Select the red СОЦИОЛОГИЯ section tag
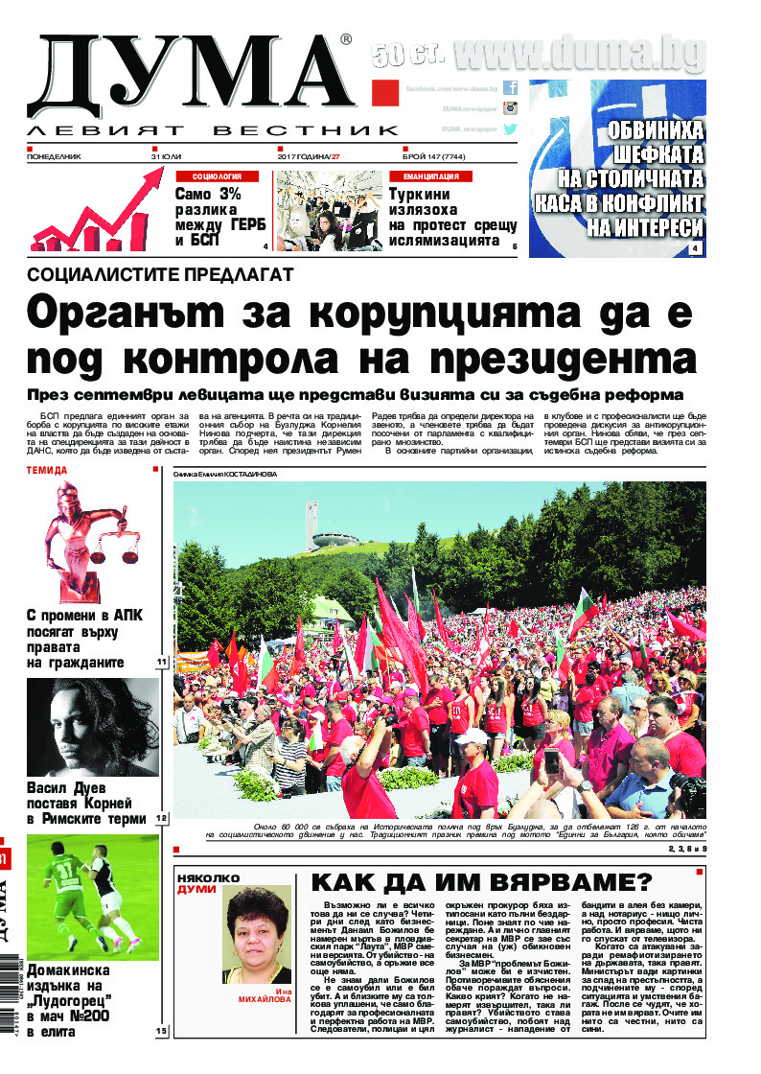click(223, 176)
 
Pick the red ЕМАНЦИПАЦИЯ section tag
click(430, 176)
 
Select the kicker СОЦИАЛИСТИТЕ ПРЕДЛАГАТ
click(159, 274)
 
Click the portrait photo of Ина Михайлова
click(257, 933)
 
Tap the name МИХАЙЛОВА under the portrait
click(264, 998)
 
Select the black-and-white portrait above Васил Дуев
click(92, 726)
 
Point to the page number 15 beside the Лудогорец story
click(160, 1031)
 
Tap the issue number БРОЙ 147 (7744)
click(443, 155)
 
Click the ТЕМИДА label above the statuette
click(48, 471)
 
